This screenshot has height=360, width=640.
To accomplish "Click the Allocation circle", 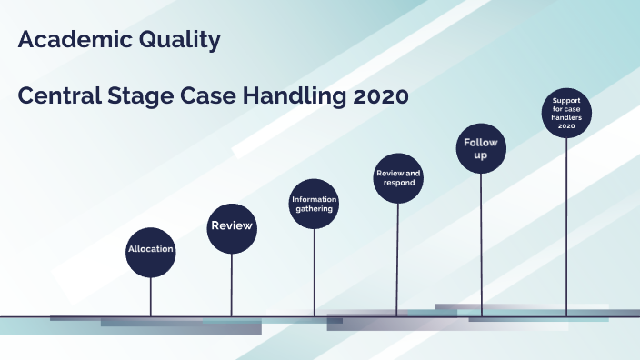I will pos(150,249).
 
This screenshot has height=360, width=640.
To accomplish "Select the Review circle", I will pos(232,226).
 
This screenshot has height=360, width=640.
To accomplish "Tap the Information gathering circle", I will pos(314,204).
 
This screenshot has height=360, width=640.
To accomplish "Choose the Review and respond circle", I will pos(398,178).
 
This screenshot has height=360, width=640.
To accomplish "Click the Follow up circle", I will pos(481,149).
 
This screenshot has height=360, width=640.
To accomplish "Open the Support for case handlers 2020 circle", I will pos(567,112).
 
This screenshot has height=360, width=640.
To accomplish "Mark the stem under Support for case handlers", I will pos(567,227).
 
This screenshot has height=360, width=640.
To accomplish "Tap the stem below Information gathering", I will pos(315,273).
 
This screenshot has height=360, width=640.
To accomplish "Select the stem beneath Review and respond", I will pos(397,259).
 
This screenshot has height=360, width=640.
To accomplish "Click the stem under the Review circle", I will pos(232,284).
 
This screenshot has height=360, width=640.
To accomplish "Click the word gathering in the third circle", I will pos(314,209).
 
